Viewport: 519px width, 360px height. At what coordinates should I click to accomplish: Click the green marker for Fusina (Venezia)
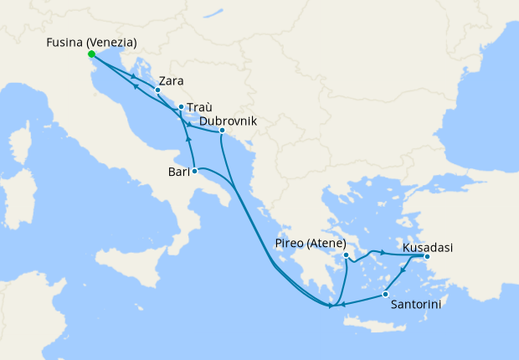pyautogui.click(x=90, y=55)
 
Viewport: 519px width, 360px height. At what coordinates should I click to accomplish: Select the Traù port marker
pyautogui.click(x=181, y=107)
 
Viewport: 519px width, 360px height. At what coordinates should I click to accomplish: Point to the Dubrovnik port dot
pyautogui.click(x=221, y=131)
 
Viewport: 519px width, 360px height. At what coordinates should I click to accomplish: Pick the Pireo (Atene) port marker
pyautogui.click(x=346, y=255)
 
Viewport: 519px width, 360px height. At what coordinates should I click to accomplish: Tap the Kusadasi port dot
pyautogui.click(x=426, y=257)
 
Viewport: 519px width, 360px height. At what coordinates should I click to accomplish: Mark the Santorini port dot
pyautogui.click(x=384, y=294)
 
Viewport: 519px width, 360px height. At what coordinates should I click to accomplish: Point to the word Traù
pyautogui.click(x=199, y=108)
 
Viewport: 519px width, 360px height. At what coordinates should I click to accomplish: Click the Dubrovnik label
pyautogui.click(x=228, y=121)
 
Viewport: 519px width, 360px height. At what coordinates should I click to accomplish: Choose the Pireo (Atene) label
pyautogui.click(x=310, y=244)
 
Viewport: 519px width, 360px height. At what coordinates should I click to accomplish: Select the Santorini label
pyautogui.click(x=416, y=305)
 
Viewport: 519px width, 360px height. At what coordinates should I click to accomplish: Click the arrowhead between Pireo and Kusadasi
pyautogui.click(x=383, y=251)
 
